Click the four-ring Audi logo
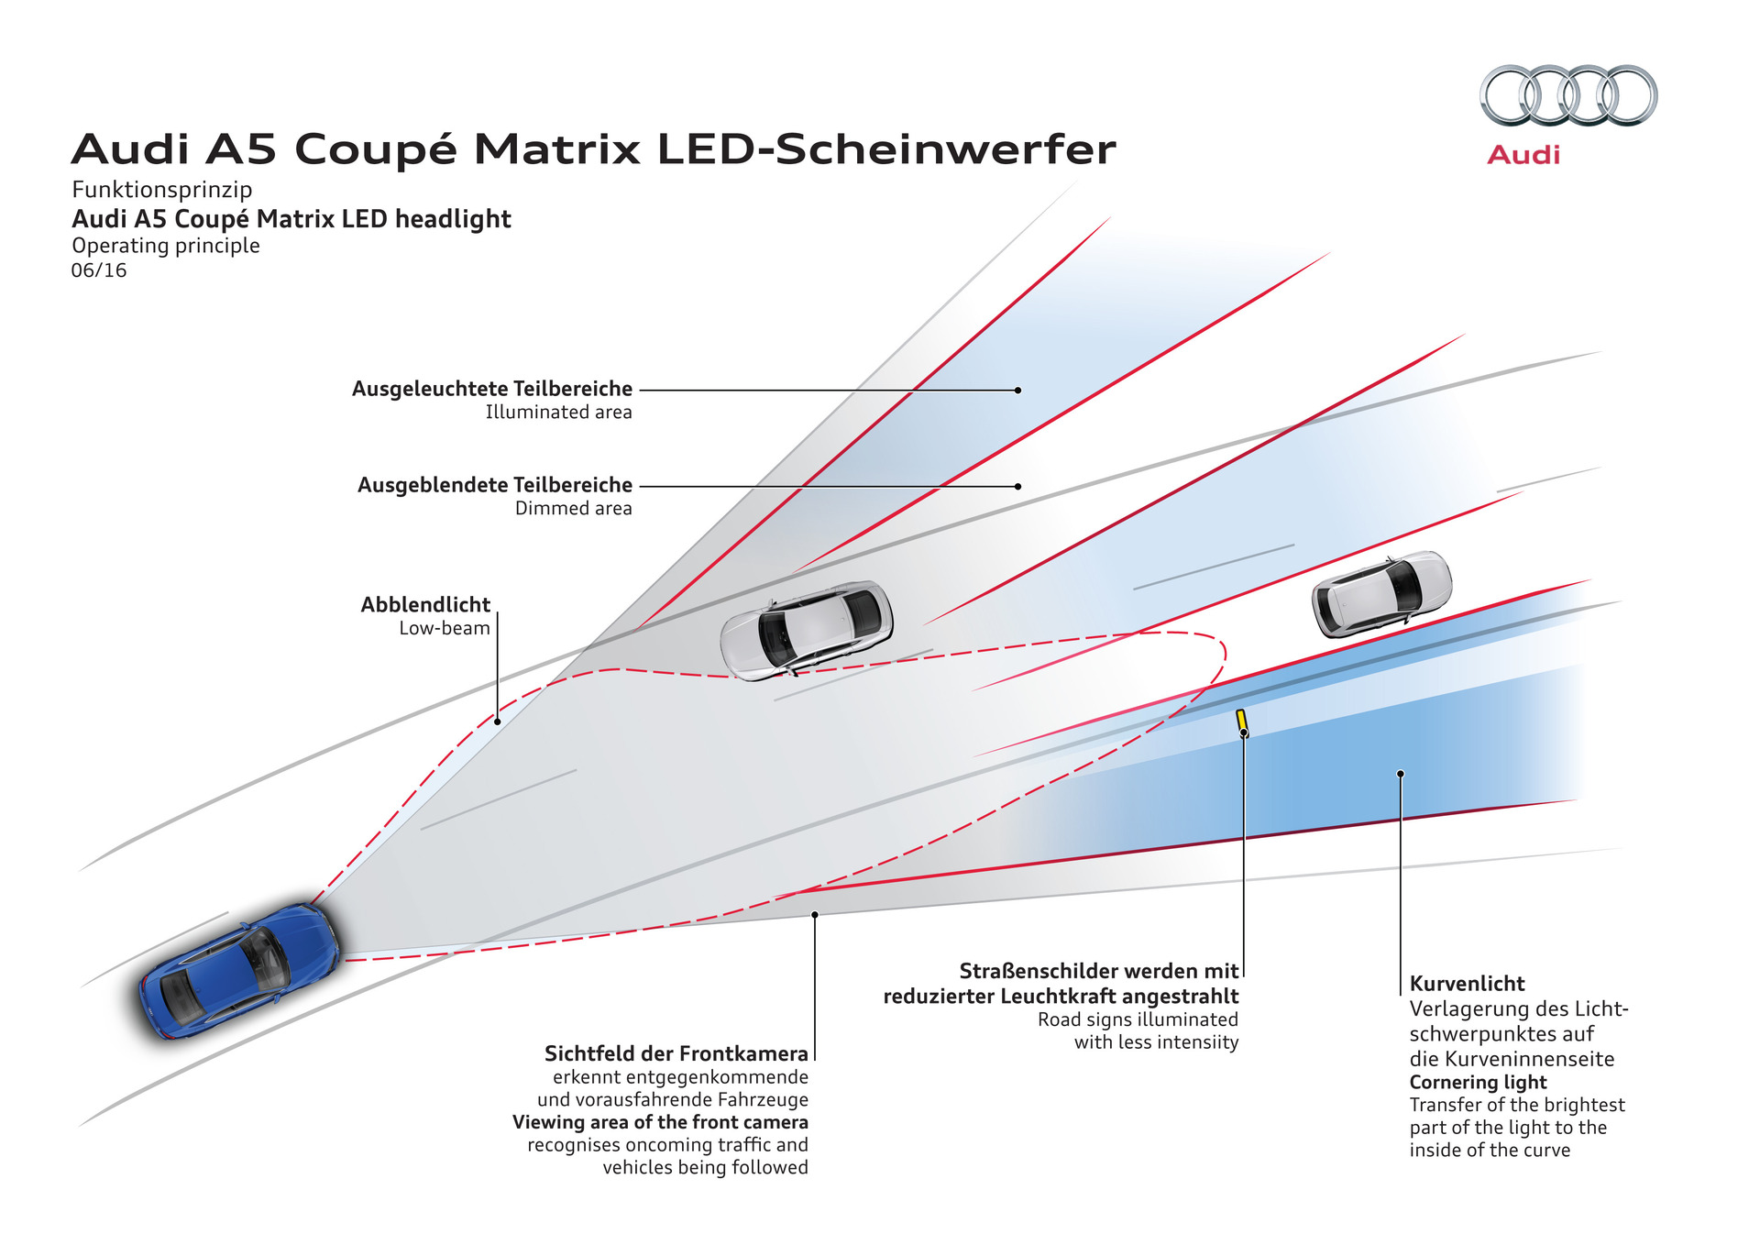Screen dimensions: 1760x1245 (1568, 95)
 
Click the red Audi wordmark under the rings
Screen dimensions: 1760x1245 (1523, 155)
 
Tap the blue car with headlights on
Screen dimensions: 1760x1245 (240, 971)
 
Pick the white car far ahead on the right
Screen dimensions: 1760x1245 (1382, 593)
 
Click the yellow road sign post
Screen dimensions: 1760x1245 (1242, 722)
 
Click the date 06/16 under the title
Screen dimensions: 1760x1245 (99, 270)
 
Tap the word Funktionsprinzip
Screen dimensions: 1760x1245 (162, 190)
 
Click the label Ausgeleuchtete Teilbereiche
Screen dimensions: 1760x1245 (492, 389)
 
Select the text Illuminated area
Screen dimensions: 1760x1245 (559, 413)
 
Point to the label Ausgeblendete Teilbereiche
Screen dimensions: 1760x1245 (495, 485)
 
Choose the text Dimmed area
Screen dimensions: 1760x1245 (574, 509)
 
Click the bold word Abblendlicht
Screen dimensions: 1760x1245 (425, 605)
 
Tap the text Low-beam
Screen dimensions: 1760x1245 (445, 629)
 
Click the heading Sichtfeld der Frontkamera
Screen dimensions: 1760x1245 (676, 1053)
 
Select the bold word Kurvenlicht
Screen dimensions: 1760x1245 (1467, 984)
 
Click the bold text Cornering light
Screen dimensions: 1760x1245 (1478, 1082)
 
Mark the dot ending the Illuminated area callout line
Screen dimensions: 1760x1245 (1017, 390)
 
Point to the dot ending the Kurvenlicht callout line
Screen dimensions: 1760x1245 (1401, 774)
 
